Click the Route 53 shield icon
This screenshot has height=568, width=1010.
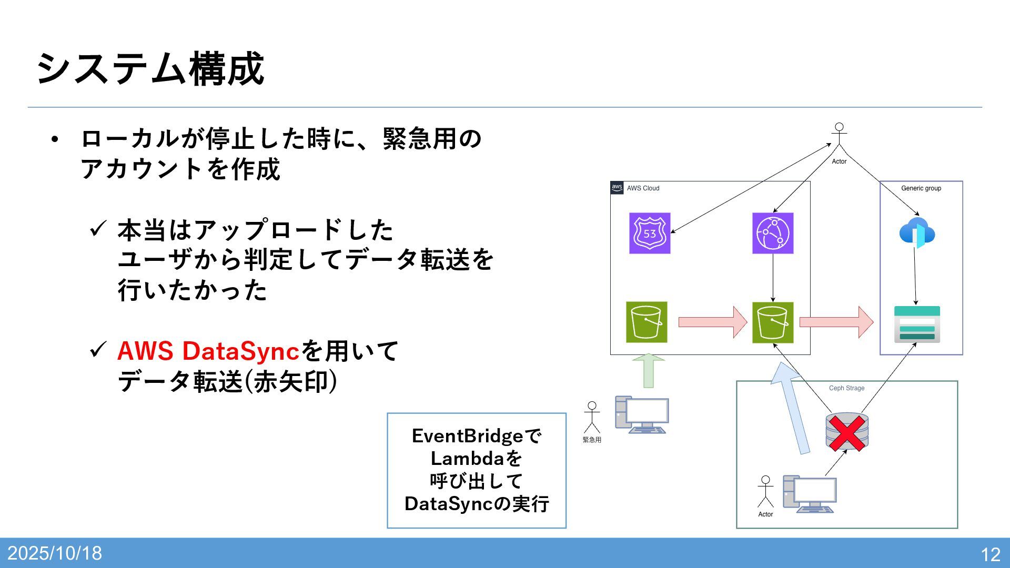(650, 233)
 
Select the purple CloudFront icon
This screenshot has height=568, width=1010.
(773, 233)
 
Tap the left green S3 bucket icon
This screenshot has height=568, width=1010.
(647, 322)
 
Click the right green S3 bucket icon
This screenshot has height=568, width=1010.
(773, 322)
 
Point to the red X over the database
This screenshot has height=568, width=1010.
(847, 433)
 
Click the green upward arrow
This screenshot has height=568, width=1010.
(648, 371)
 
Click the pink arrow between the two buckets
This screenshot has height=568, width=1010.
(712, 322)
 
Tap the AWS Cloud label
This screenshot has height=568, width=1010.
(643, 188)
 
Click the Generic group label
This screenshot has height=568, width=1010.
(921, 188)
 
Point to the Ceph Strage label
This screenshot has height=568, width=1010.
(846, 388)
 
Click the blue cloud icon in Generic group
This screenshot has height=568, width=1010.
(917, 232)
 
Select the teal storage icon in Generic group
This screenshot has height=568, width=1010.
(917, 324)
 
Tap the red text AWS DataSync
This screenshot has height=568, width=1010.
(208, 351)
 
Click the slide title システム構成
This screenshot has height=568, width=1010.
(150, 69)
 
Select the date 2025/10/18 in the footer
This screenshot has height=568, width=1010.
(55, 553)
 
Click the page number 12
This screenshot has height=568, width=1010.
(990, 554)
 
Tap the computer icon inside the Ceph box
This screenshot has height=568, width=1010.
(809, 494)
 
